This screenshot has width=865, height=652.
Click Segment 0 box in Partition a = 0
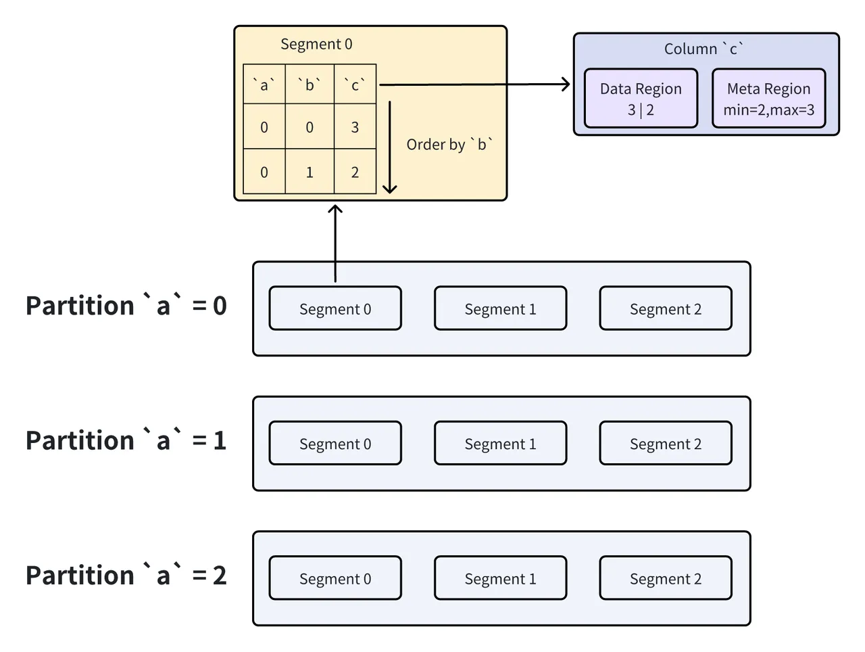(335, 309)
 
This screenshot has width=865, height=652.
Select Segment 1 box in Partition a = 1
(500, 444)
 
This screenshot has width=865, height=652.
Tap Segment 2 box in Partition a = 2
(665, 578)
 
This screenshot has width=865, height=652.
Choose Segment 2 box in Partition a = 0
(665, 309)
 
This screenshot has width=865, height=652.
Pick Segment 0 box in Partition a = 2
(335, 578)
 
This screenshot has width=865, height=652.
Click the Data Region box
(641, 99)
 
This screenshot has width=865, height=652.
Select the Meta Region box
(768, 99)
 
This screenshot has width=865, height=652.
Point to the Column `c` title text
(703, 49)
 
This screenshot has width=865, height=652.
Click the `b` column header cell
(310, 85)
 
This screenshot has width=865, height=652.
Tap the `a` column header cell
(264, 85)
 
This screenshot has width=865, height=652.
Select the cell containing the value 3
(355, 127)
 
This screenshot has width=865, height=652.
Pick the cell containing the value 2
(355, 172)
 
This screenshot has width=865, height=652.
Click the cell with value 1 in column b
(310, 172)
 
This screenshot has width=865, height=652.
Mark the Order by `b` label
(449, 145)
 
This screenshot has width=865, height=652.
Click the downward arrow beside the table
(390, 147)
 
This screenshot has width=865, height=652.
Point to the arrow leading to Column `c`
(473, 85)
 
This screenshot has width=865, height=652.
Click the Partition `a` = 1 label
(126, 441)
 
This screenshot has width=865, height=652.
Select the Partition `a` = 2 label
(126, 576)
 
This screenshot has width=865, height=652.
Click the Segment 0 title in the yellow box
(316, 45)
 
